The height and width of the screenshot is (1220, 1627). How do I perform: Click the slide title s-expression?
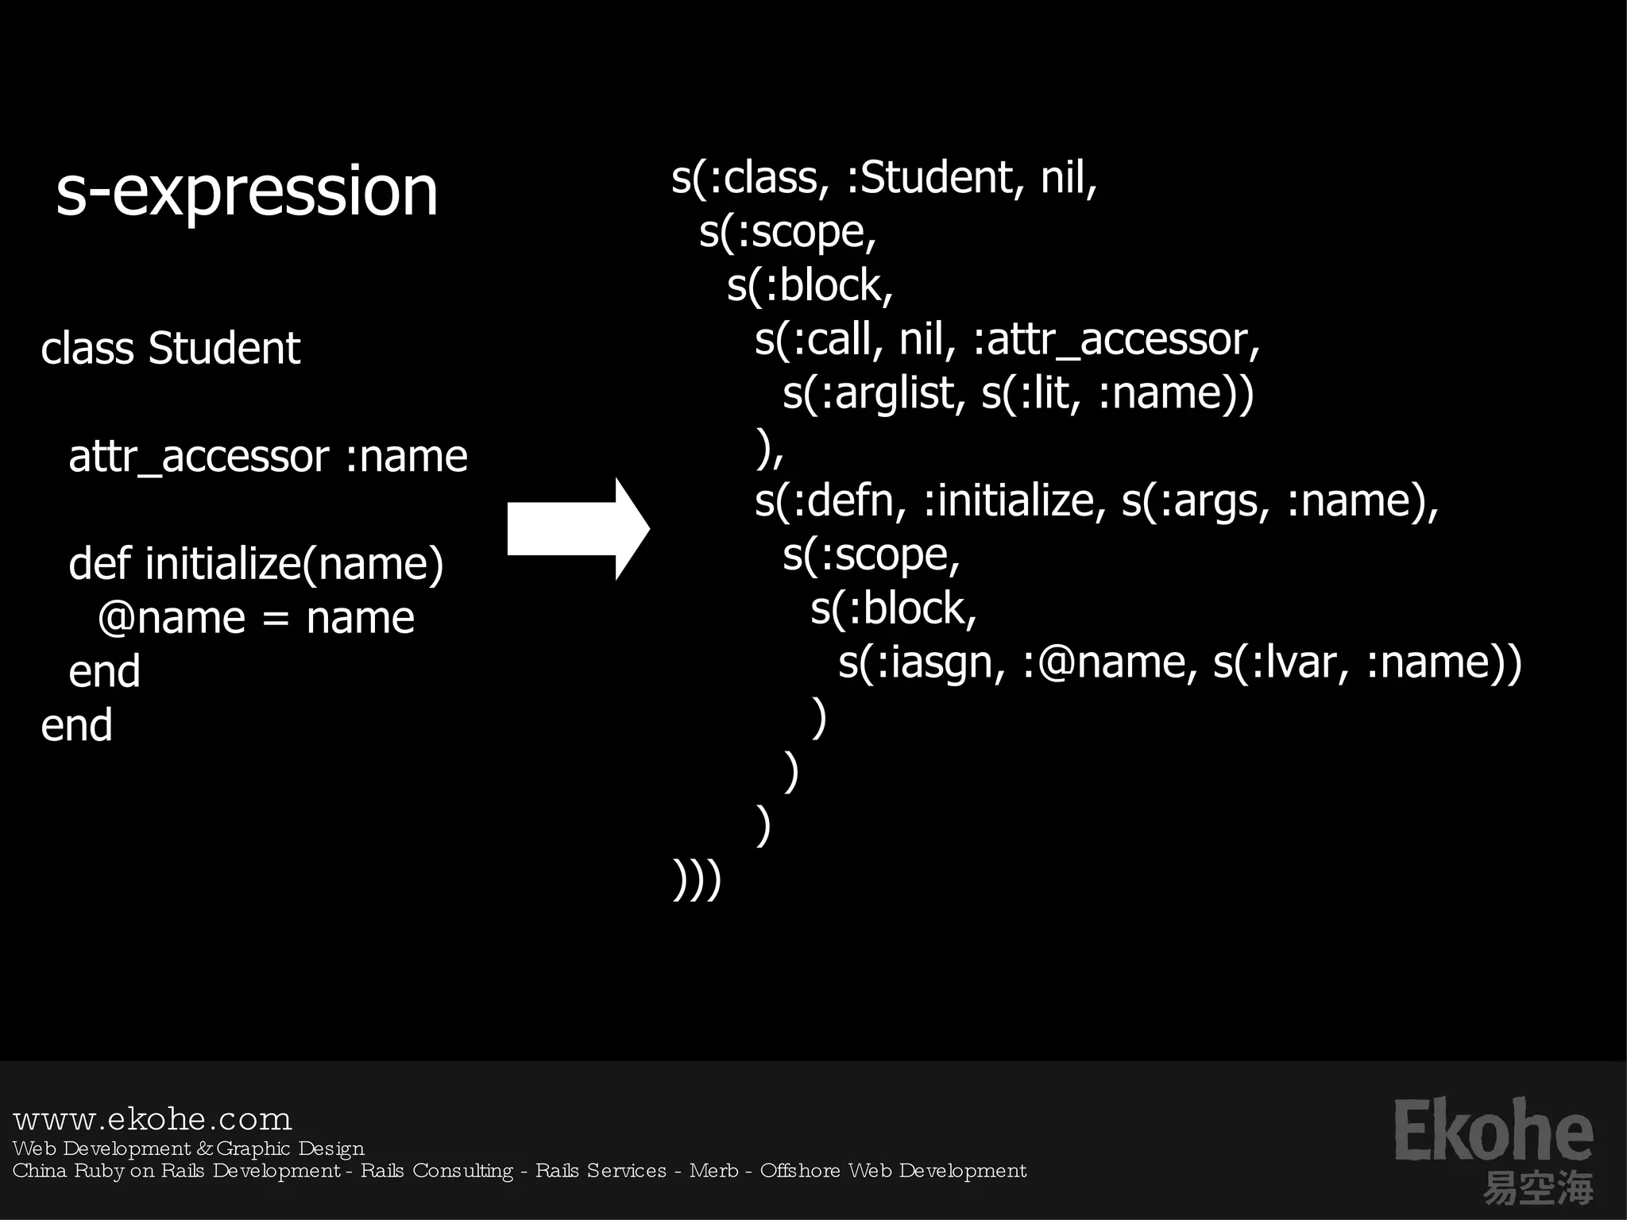click(x=247, y=191)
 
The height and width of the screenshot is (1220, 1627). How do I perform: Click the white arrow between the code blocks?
click(x=578, y=528)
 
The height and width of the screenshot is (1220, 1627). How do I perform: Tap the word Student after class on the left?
click(x=225, y=348)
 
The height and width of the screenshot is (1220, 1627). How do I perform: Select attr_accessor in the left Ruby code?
click(x=199, y=457)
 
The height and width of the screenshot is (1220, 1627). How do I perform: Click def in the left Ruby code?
click(x=99, y=563)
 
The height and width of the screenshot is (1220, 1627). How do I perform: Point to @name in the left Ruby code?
click(x=172, y=618)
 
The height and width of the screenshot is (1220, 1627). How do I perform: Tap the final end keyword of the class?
click(x=76, y=725)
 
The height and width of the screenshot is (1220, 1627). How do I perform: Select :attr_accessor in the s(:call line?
click(x=1115, y=340)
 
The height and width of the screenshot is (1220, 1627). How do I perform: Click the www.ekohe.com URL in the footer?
click(x=153, y=1119)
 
